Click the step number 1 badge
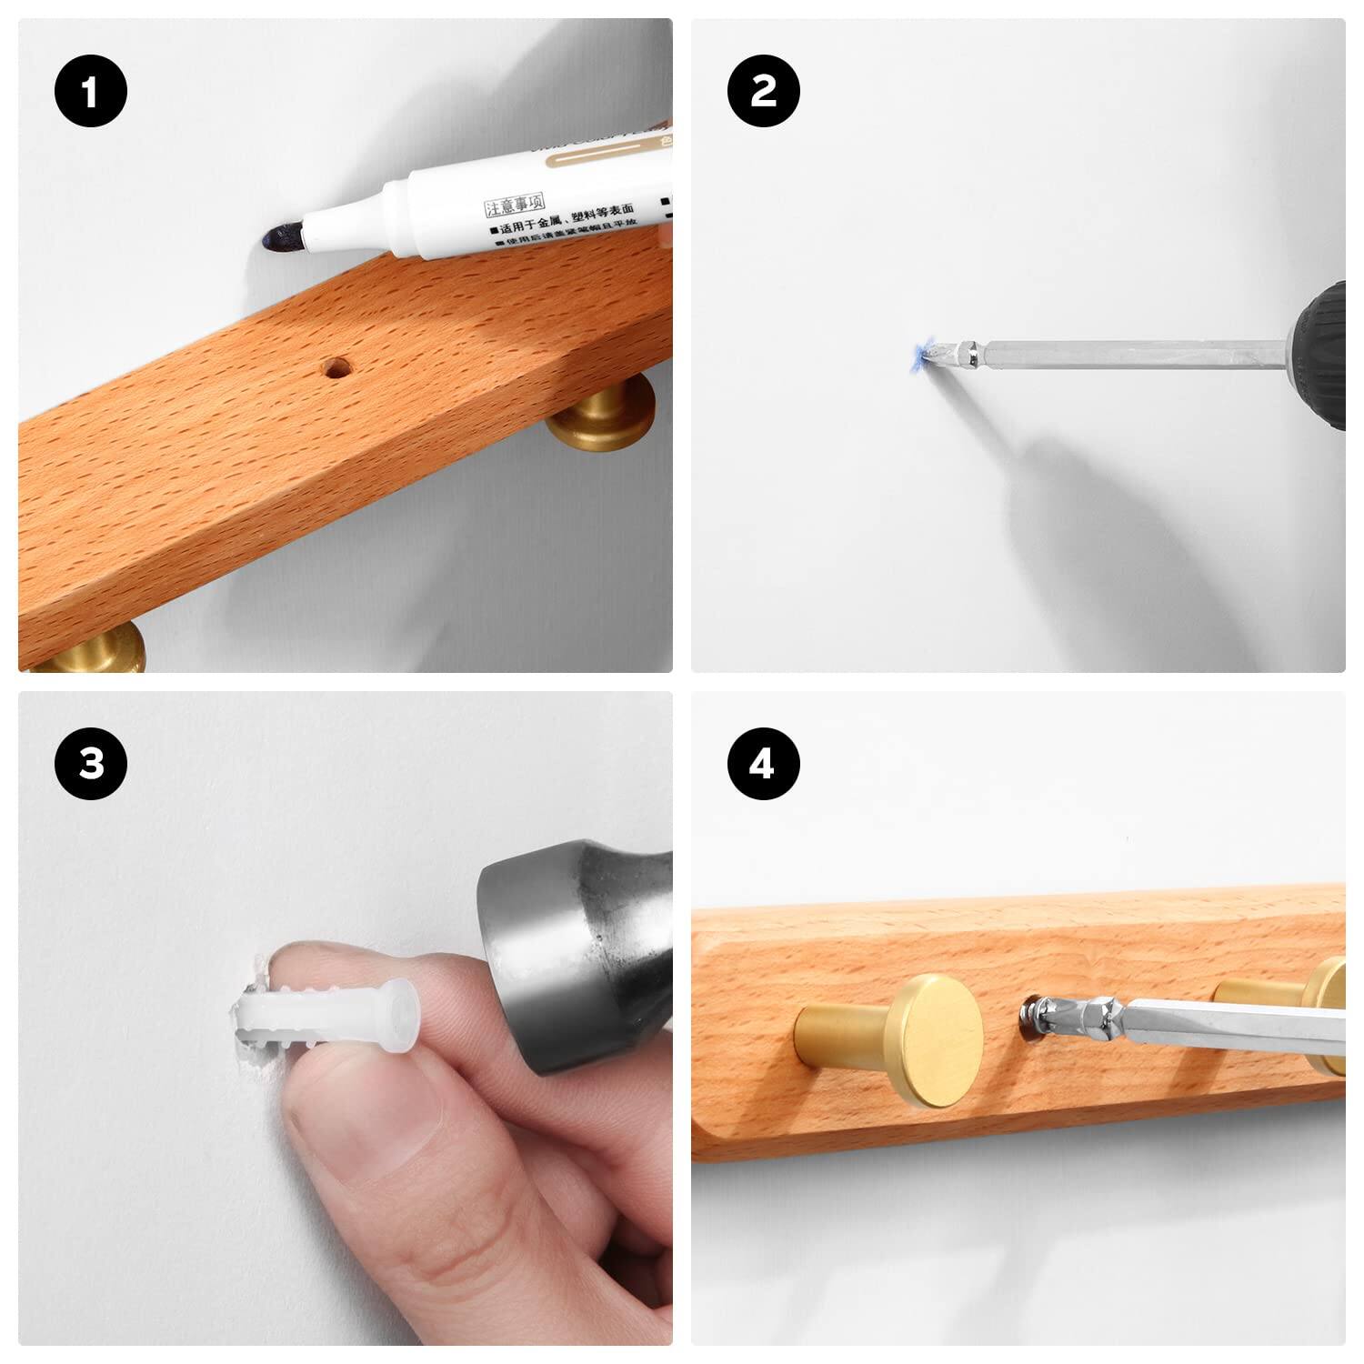(90, 93)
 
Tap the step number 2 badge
(764, 91)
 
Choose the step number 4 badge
(762, 764)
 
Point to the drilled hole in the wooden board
(336, 369)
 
